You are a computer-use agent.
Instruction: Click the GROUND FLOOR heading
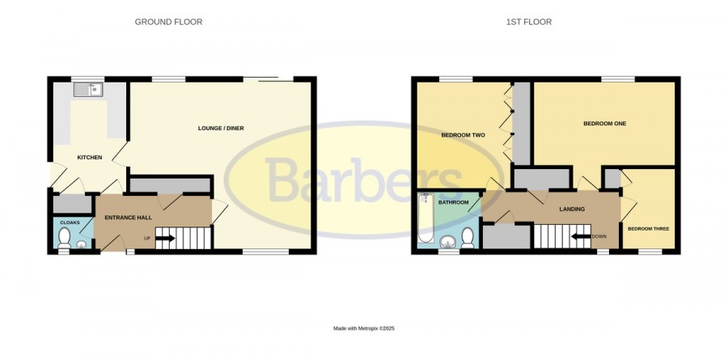point(168,22)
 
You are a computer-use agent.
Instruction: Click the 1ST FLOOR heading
point(529,22)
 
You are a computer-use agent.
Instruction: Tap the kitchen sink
point(87,90)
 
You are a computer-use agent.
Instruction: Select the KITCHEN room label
point(90,158)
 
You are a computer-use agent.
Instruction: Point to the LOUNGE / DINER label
point(221,128)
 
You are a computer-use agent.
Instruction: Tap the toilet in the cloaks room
point(64,237)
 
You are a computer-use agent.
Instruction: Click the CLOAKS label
point(70,222)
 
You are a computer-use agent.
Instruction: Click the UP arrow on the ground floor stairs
point(164,239)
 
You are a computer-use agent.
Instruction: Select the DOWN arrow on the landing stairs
point(580,236)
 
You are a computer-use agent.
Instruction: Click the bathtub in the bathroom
point(425,218)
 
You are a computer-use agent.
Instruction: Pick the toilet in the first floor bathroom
point(468,238)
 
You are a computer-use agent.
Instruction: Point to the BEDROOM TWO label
point(463,135)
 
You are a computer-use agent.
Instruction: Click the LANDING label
point(572,209)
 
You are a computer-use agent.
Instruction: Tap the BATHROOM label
point(454,202)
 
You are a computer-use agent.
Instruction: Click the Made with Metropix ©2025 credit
point(364,328)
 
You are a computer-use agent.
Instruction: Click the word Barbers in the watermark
point(364,180)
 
